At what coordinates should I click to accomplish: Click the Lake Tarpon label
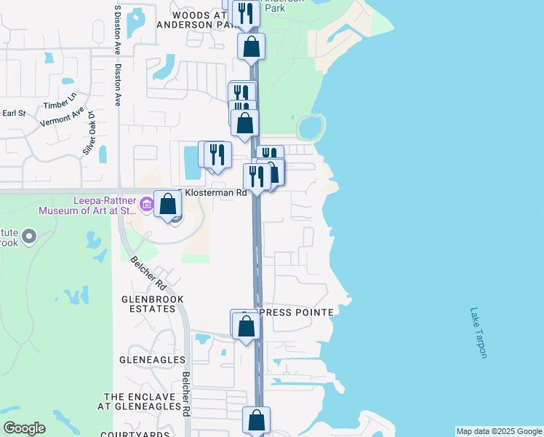point(478,332)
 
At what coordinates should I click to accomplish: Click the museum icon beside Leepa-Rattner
point(146,205)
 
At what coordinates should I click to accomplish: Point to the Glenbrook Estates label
point(152,304)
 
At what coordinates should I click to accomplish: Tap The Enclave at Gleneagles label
point(142,401)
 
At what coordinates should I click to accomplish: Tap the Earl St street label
point(14,113)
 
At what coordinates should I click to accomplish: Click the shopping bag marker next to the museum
point(168,204)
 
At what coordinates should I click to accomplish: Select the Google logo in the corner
point(24,428)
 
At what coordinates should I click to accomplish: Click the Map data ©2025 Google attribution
point(499,431)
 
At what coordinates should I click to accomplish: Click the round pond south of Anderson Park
point(309,128)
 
